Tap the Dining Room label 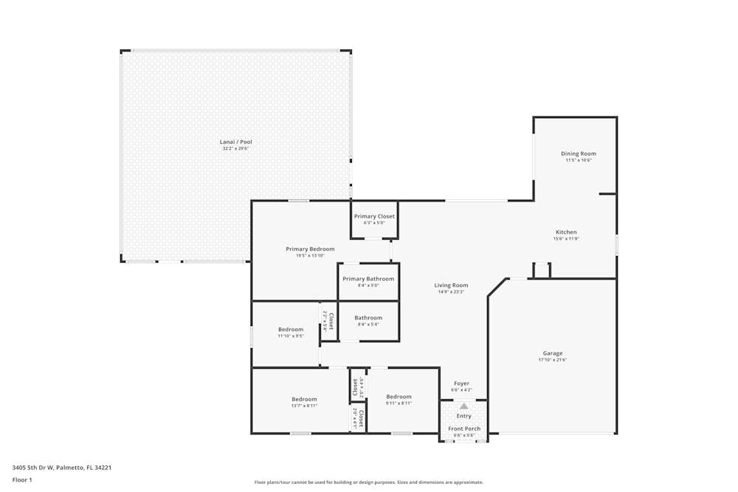[x=578, y=153]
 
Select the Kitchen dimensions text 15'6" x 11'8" [x=566, y=239]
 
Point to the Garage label [x=553, y=353]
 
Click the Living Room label [x=450, y=285]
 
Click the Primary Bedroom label [x=310, y=249]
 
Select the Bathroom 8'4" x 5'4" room [x=368, y=320]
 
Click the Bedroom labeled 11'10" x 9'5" [x=290, y=332]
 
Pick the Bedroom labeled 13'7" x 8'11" [x=303, y=402]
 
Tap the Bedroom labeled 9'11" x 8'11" [x=399, y=400]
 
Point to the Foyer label [x=461, y=384]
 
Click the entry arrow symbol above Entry [x=463, y=406]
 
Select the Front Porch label [x=464, y=429]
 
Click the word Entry [x=463, y=416]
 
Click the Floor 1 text [x=22, y=479]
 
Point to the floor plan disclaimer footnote [x=368, y=482]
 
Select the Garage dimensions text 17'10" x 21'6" [x=553, y=361]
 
